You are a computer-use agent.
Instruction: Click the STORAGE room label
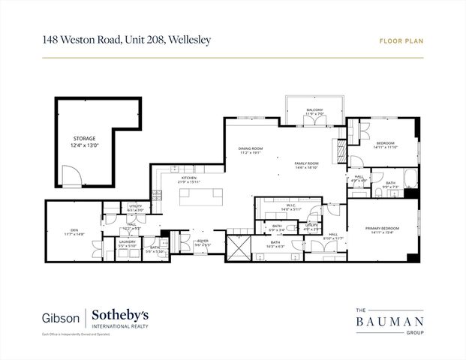[x=85, y=139]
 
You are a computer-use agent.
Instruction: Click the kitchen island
[x=201, y=196]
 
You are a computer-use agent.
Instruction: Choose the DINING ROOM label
[x=251, y=148]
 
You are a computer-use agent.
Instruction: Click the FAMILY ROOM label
[x=307, y=163]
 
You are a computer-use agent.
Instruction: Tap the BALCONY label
[x=314, y=110]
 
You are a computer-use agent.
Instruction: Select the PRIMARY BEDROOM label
[x=382, y=228]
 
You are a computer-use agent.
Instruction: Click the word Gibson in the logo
[x=62, y=316]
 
